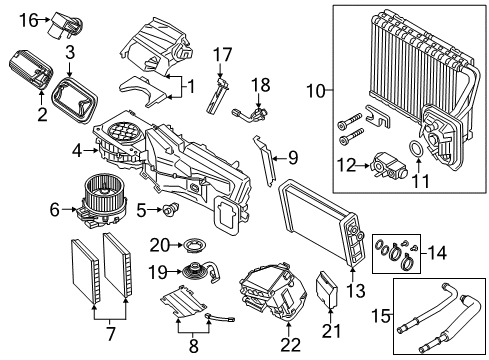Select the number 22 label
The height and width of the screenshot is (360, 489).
coord(291,343)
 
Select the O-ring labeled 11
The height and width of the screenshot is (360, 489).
coord(412,153)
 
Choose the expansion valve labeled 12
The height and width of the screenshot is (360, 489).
coord(385,161)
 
